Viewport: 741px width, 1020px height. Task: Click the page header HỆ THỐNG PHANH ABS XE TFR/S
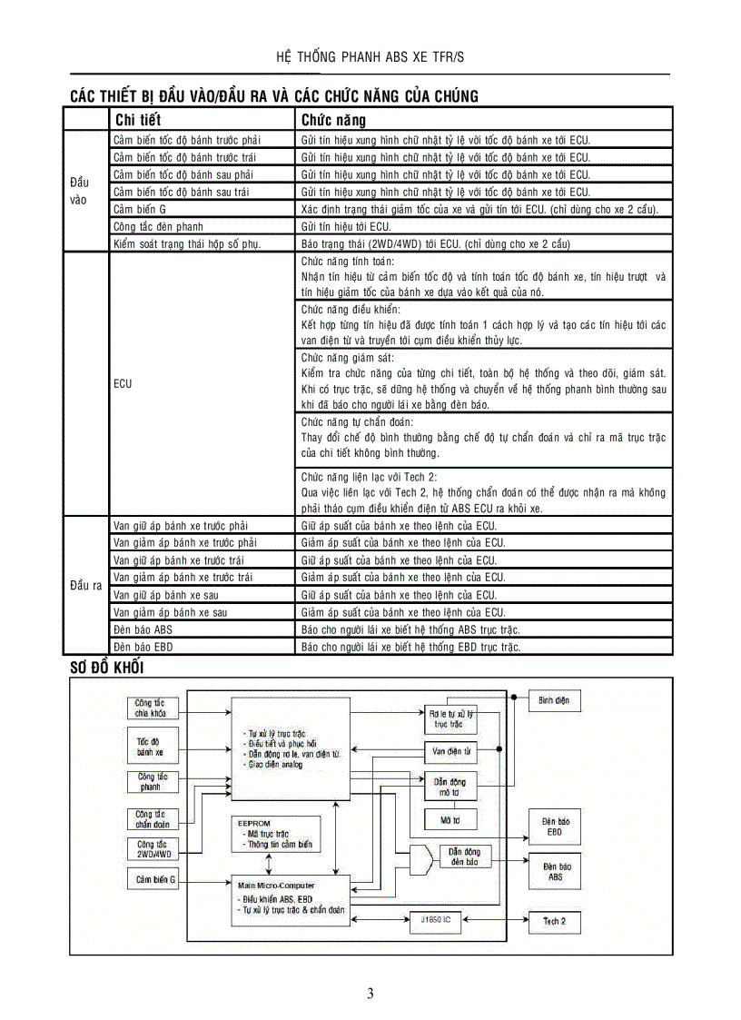[x=370, y=57]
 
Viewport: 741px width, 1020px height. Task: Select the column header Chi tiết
[x=138, y=120]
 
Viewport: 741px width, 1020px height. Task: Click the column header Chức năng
[x=333, y=120]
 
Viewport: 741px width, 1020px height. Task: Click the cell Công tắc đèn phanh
[x=158, y=226]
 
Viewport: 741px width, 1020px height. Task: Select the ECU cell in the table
[x=123, y=383]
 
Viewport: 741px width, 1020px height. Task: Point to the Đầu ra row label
[x=85, y=585]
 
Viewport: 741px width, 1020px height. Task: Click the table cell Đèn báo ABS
[x=143, y=629]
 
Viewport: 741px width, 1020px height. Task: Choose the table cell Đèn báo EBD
[x=143, y=647]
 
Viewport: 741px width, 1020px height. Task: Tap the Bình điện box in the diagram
[x=554, y=701]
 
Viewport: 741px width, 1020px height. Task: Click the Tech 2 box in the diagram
[x=554, y=921]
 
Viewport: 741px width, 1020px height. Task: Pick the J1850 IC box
[x=436, y=920]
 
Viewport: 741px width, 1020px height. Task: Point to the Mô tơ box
[x=450, y=819]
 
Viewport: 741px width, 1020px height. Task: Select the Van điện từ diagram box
[x=450, y=751]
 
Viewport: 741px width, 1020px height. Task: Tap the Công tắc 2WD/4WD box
[x=152, y=848]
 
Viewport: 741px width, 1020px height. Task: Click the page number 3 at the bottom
[x=370, y=993]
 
